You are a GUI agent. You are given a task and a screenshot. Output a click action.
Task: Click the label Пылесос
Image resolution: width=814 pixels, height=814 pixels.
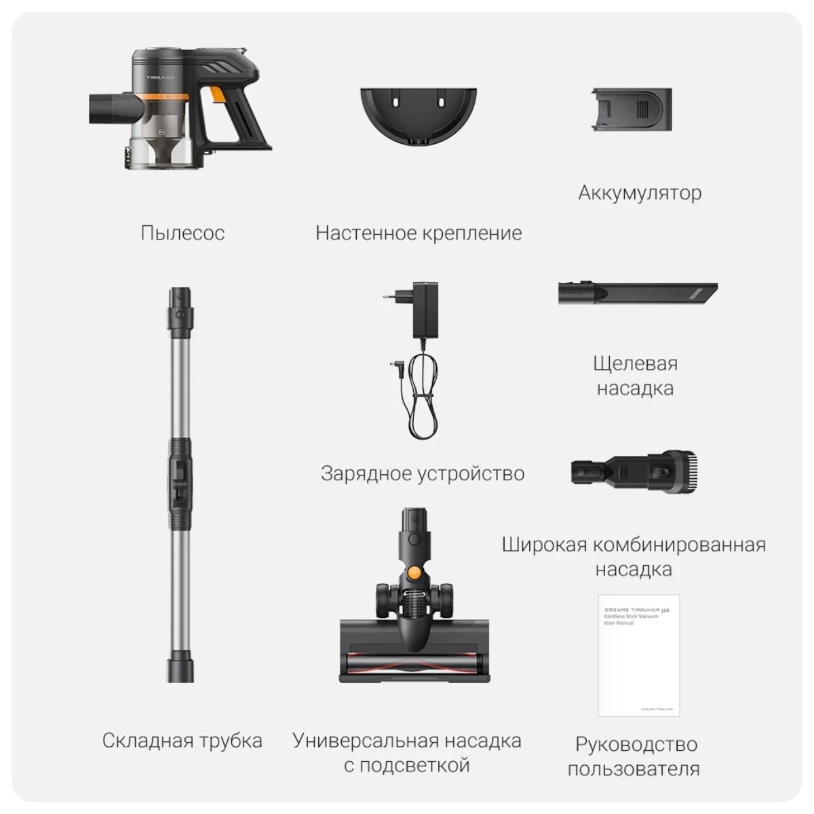tap(182, 233)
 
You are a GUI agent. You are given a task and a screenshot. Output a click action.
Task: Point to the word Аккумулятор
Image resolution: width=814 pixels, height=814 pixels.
tap(640, 193)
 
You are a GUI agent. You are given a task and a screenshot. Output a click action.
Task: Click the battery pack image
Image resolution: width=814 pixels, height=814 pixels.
tap(632, 109)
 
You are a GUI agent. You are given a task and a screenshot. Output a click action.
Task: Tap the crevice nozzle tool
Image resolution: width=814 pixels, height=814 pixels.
tap(638, 294)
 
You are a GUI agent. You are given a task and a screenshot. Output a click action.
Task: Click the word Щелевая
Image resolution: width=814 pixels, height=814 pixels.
tap(635, 364)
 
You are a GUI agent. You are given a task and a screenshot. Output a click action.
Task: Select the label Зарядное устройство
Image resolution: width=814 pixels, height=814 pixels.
tap(423, 473)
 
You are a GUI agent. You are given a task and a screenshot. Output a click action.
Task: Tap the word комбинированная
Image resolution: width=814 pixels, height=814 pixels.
tap(679, 545)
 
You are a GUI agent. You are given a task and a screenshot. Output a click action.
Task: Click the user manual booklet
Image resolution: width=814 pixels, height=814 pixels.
tap(638, 655)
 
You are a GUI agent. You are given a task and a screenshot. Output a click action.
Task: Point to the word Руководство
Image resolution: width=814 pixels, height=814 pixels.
tap(636, 744)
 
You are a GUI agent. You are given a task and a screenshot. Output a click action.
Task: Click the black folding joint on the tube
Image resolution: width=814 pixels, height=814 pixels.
tap(180, 484)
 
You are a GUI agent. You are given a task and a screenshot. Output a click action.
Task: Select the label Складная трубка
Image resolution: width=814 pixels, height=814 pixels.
tap(182, 740)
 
